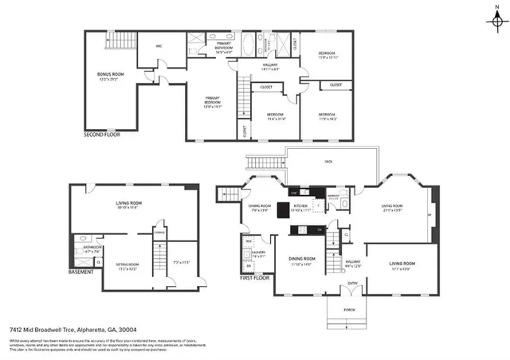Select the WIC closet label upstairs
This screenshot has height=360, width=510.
coord(159,46)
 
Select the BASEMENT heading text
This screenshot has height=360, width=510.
coord(81,272)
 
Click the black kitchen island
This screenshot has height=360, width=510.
coord(284,211)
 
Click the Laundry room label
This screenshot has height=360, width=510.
coord(259,254)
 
